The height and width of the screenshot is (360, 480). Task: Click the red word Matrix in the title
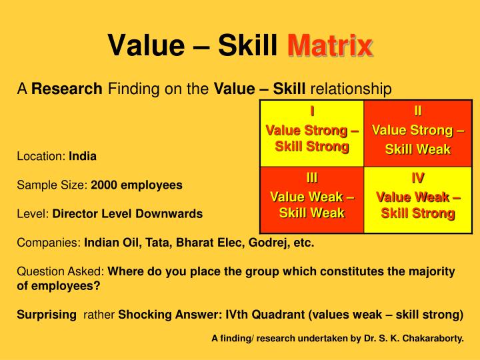tap(329, 46)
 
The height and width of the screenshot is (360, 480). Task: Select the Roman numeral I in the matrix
tap(312, 111)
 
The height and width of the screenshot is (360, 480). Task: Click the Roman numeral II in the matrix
tap(418, 111)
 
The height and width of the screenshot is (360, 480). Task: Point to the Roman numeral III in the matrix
tap(312, 178)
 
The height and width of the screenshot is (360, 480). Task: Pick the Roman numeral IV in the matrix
tap(418, 178)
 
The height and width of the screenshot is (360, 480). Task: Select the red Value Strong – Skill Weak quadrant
tap(418, 140)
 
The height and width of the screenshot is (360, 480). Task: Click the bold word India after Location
tap(83, 157)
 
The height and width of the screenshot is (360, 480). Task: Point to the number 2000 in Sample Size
tap(104, 185)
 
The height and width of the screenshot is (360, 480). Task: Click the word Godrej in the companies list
tap(267, 243)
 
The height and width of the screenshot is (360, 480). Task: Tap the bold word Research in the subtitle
tap(67, 89)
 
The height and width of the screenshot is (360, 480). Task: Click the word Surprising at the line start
tap(47, 314)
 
